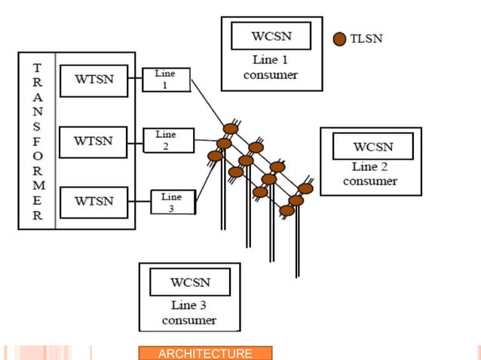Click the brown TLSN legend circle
[339, 38]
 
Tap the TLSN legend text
[366, 38]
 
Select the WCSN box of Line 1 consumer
[271, 36]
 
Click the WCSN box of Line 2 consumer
[372, 146]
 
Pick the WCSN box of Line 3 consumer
[189, 283]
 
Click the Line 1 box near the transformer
[166, 79]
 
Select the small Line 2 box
[167, 140]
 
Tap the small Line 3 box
[171, 202]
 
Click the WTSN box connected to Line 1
[94, 80]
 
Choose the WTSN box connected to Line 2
[94, 140]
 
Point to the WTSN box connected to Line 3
[94, 201]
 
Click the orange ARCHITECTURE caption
[204, 353]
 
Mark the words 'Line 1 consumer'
[271, 67]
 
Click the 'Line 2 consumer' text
[370, 174]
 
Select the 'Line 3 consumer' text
[189, 313]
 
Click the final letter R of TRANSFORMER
[37, 215]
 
